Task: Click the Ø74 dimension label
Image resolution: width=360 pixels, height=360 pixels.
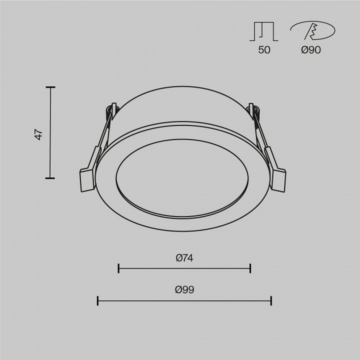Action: [184, 258]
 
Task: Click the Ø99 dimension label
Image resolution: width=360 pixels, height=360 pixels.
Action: [184, 289]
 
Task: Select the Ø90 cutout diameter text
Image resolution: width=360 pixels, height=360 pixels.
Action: [311, 49]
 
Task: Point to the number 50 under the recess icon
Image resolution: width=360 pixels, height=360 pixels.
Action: [264, 49]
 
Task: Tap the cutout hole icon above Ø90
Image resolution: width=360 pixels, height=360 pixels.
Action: [312, 31]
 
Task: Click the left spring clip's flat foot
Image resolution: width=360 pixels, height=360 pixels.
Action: [86, 179]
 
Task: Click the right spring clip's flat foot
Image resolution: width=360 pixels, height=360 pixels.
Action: [278, 179]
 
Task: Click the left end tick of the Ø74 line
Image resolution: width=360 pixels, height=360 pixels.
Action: [118, 268]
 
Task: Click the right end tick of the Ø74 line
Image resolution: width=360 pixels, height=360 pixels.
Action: [250, 268]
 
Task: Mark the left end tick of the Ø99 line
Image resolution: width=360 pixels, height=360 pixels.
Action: [97, 300]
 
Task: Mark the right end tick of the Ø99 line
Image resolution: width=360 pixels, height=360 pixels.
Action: [271, 300]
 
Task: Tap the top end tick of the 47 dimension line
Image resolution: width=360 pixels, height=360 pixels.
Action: [50, 87]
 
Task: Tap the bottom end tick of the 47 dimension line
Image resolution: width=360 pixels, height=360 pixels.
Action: [50, 177]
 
